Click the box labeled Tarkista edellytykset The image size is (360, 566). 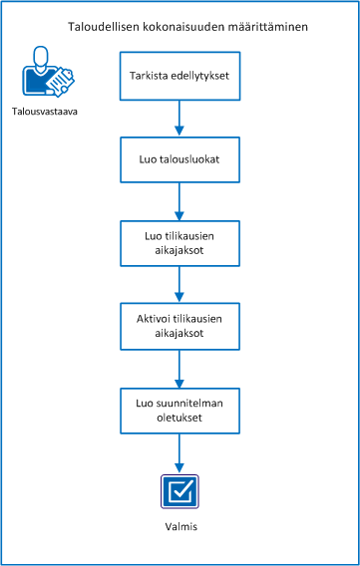180,75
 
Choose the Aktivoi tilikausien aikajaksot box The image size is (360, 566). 180,325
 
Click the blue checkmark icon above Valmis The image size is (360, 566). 180,490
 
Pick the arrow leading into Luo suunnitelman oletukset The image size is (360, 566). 180,367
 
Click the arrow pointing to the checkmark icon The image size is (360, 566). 180,451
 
